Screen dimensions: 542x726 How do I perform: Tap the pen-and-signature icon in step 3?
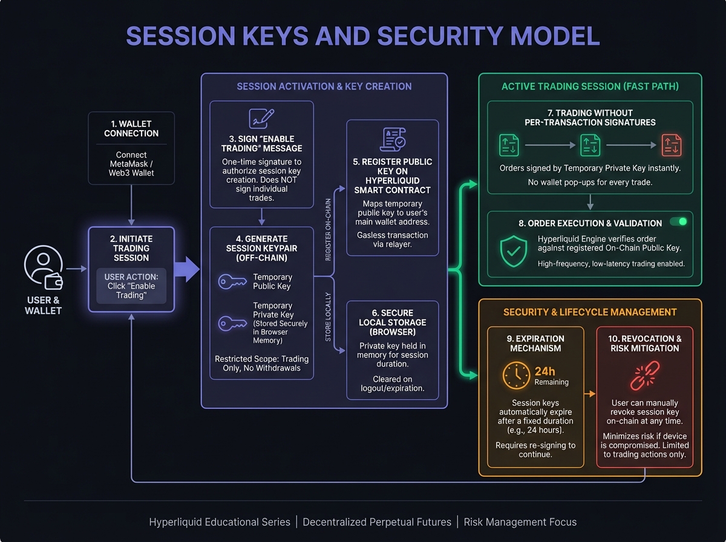point(261,118)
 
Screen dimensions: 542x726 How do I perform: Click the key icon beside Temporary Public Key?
point(232,282)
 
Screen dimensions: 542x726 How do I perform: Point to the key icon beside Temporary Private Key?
point(232,323)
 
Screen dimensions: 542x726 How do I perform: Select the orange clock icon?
point(516,376)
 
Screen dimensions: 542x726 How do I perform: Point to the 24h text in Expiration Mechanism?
point(545,371)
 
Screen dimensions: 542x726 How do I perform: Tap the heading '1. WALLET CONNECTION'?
point(131,128)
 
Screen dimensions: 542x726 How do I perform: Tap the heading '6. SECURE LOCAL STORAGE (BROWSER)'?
point(393,322)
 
